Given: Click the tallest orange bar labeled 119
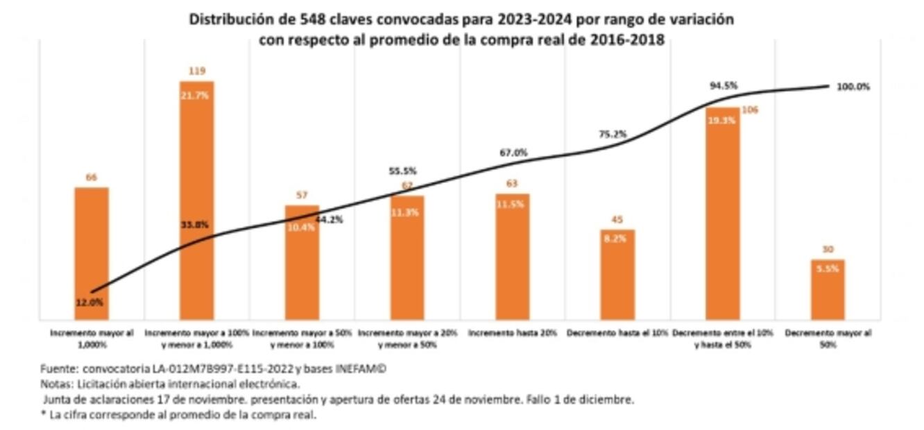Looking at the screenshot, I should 196,201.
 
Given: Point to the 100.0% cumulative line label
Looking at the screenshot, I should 853,87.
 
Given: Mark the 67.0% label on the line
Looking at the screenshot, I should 513,153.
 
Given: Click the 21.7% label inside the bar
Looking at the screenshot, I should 196,96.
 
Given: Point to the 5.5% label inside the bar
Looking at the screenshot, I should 828,268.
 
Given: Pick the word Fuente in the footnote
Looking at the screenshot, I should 56,369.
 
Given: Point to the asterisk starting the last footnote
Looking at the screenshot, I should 43,415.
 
